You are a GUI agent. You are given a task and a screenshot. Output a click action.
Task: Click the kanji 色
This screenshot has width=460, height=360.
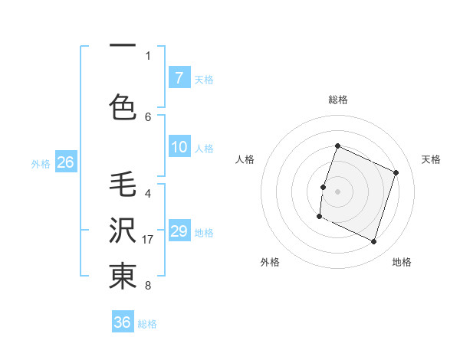(x=123, y=106)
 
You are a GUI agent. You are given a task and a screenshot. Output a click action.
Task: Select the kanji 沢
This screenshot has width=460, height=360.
(x=123, y=229)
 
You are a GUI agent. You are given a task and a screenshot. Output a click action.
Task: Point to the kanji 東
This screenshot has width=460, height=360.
(x=123, y=277)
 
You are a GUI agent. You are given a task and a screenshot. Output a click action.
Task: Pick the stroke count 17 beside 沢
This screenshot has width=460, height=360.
(x=149, y=240)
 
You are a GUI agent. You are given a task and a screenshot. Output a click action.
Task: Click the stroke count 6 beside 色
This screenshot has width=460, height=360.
(x=148, y=116)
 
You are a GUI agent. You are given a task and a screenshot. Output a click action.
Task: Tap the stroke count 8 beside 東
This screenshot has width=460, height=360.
(x=148, y=286)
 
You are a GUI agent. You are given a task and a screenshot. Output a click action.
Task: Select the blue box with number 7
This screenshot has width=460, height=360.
(x=179, y=77)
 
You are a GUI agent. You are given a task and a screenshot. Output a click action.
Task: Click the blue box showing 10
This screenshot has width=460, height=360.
(x=179, y=147)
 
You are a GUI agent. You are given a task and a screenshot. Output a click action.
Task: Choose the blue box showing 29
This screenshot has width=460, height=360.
(x=179, y=231)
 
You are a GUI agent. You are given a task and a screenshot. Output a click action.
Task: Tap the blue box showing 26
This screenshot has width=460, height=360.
(x=65, y=162)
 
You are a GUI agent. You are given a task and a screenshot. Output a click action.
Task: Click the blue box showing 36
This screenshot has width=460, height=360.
(x=122, y=322)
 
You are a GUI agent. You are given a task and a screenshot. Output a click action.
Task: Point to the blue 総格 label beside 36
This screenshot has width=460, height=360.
(x=147, y=324)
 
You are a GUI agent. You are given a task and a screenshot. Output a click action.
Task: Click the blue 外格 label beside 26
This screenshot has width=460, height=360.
(x=40, y=163)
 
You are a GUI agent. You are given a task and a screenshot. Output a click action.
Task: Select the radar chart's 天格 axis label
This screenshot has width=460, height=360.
(x=432, y=159)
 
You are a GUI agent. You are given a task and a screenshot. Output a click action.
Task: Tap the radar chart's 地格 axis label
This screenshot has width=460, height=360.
(x=402, y=262)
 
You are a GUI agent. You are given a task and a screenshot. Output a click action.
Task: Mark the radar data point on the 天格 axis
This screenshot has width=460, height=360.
(x=396, y=173)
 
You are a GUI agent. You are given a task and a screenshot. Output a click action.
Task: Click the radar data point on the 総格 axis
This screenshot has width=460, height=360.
(x=337, y=146)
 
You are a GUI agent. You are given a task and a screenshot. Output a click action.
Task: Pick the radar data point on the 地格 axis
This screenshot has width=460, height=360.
(x=373, y=241)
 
